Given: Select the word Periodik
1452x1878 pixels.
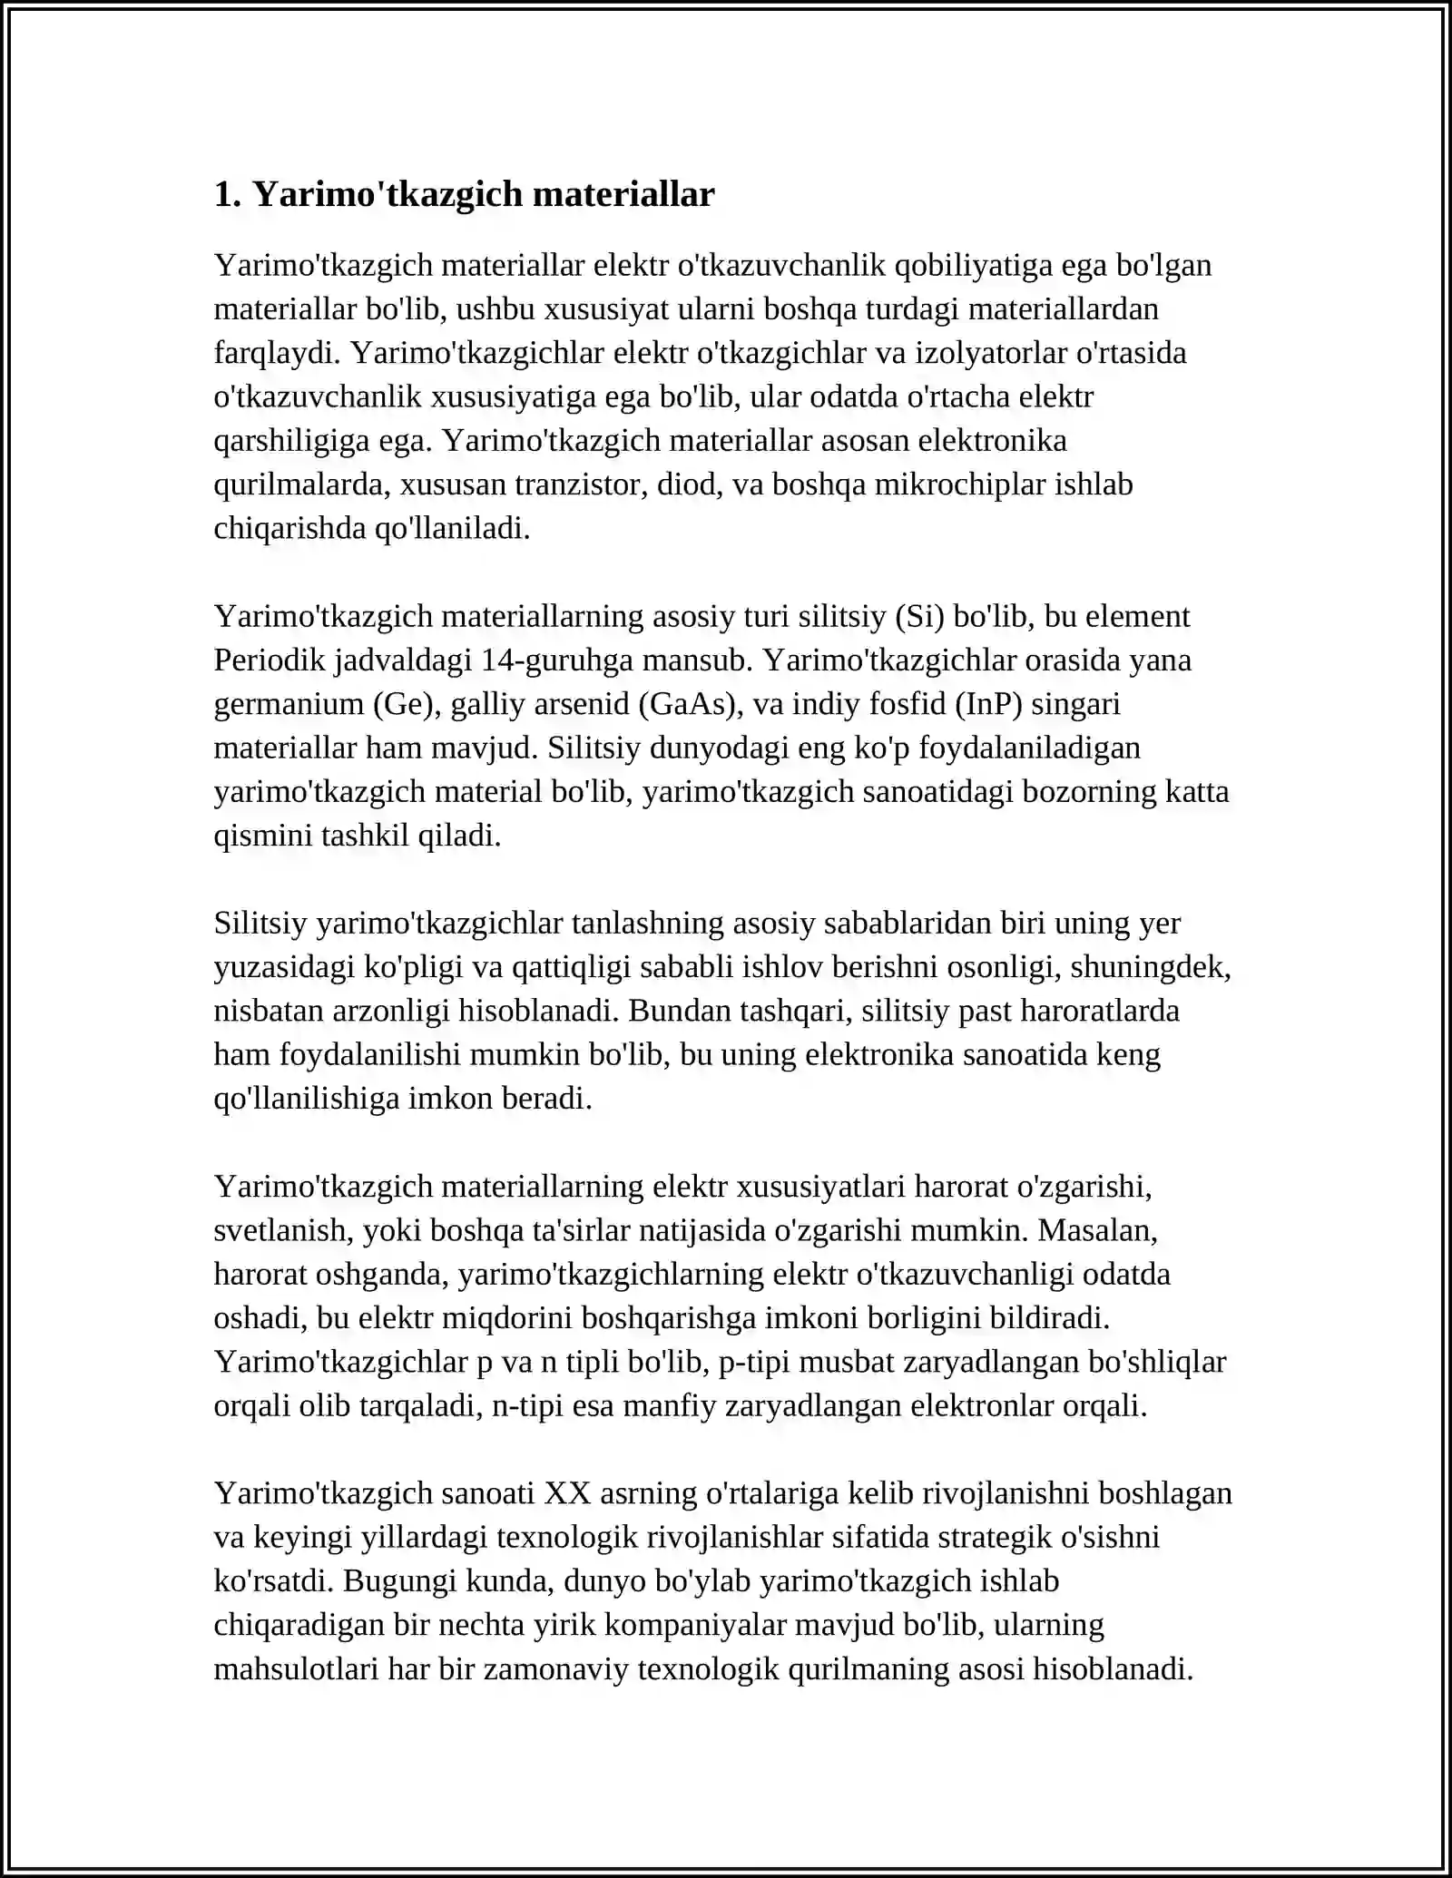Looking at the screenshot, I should tap(269, 660).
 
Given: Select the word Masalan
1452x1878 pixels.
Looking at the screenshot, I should tap(1098, 1230).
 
